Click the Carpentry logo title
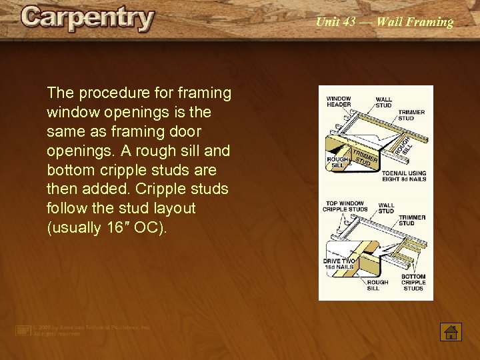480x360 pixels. pyautogui.click(x=87, y=19)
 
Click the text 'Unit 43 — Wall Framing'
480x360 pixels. pyautogui.click(x=384, y=22)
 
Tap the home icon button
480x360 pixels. pyautogui.click(x=451, y=331)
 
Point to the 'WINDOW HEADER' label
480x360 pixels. pyautogui.click(x=339, y=102)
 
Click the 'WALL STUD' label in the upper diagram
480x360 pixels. pyautogui.click(x=384, y=102)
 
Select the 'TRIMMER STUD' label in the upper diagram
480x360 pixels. pyautogui.click(x=411, y=115)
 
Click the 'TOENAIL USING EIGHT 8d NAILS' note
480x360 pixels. pyautogui.click(x=404, y=176)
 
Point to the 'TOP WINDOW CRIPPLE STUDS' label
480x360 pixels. pyautogui.click(x=345, y=206)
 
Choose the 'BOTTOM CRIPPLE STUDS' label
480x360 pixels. pyautogui.click(x=413, y=282)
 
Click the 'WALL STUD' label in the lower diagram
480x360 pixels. pyautogui.click(x=386, y=209)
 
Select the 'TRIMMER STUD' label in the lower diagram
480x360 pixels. pyautogui.click(x=412, y=221)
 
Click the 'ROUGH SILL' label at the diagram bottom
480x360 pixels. pyautogui.click(x=378, y=285)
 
